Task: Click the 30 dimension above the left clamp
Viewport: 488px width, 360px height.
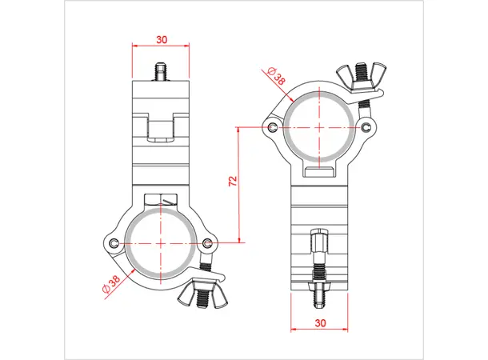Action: pos(162,38)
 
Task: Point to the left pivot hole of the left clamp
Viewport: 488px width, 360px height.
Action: pos(116,243)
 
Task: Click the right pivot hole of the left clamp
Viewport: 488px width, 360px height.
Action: pos(208,243)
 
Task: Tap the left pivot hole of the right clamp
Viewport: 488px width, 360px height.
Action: pos(274,128)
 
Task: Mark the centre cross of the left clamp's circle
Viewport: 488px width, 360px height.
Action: pos(162,242)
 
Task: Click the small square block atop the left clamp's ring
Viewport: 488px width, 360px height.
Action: pos(162,199)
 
